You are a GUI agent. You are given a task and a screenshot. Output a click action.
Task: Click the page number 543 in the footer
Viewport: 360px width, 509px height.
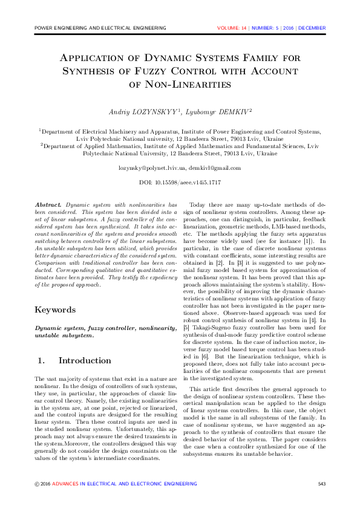tap(322, 484)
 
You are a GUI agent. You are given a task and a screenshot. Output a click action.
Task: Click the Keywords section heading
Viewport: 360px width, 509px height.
tap(55, 310)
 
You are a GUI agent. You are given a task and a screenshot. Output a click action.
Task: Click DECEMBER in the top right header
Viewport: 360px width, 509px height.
tap(312, 28)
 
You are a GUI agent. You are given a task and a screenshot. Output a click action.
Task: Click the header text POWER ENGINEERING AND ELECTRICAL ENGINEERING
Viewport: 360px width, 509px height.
tap(100, 28)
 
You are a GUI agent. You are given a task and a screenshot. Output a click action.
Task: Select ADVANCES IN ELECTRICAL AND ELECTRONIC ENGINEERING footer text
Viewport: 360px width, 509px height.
tap(124, 484)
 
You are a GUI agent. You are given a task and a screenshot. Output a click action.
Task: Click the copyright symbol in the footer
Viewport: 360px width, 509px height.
tap(37, 484)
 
